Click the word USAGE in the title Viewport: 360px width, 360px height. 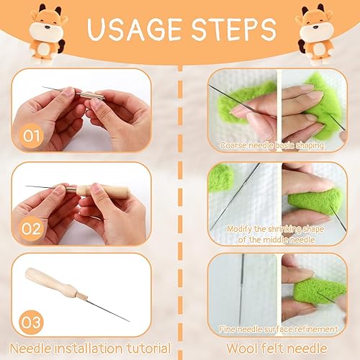click(135, 30)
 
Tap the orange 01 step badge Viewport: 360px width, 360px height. click(31, 136)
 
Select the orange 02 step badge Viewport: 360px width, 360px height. click(31, 229)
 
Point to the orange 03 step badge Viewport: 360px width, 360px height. click(31, 322)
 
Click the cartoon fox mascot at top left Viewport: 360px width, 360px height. click(47, 34)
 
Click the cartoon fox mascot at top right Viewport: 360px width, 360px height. click(315, 34)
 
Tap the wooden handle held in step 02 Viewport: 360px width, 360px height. click(103, 192)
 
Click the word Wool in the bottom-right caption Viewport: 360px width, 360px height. click(242, 348)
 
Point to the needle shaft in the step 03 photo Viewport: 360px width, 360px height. click(108, 310)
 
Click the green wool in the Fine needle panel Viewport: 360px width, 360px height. click(320, 292)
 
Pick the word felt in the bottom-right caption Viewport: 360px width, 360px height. click(271, 348)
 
